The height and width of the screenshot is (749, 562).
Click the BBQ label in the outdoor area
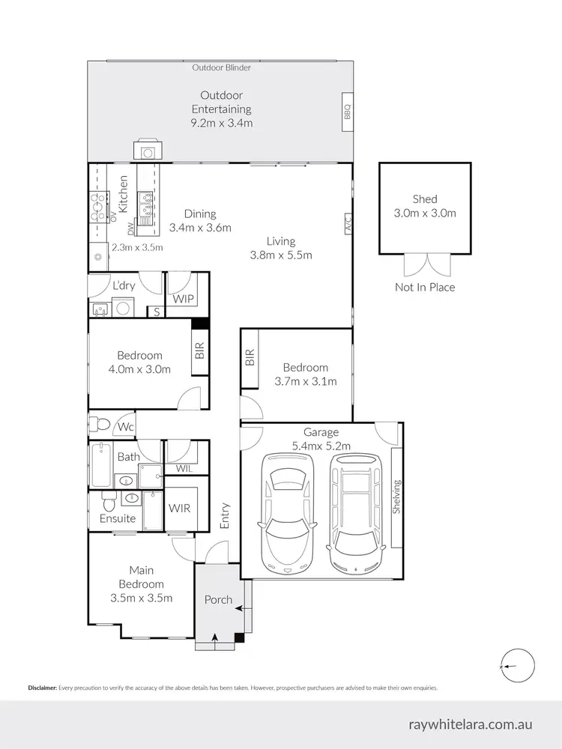(347, 112)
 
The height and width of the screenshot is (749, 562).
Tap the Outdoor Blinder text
(221, 67)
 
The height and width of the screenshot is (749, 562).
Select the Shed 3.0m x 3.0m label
(424, 206)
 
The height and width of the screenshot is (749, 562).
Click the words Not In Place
(425, 287)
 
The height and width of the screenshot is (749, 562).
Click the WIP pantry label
(184, 299)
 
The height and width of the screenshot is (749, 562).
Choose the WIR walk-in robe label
(179, 508)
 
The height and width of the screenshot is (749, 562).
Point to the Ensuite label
(118, 518)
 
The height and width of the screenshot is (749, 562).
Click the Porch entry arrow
(216, 637)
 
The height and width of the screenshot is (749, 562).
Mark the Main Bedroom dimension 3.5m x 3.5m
(142, 598)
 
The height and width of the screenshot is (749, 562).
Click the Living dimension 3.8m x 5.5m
(281, 255)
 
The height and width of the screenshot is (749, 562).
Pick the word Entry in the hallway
(224, 516)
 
